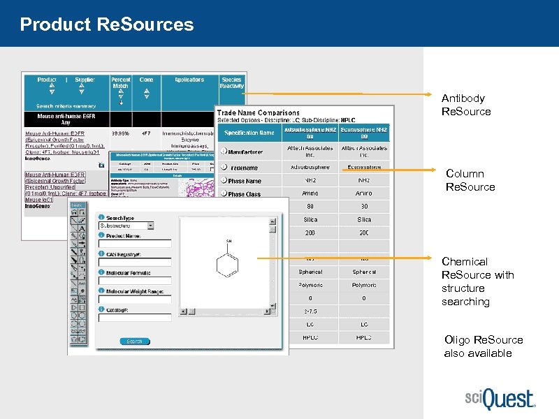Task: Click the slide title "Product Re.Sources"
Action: (107, 25)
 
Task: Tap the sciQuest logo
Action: (499, 400)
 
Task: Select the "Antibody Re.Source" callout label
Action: (465, 105)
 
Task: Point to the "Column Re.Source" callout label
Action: (470, 180)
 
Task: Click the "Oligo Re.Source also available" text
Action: (483, 346)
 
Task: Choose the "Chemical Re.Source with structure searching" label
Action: (477, 281)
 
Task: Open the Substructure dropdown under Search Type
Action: (126, 226)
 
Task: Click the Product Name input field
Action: (136, 243)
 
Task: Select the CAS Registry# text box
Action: (136, 263)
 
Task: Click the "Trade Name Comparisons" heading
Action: (258, 112)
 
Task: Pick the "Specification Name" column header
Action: (249, 132)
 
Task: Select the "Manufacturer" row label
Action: (245, 152)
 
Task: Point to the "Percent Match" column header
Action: (121, 83)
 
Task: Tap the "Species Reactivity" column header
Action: (231, 83)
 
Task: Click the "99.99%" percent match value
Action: (121, 132)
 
